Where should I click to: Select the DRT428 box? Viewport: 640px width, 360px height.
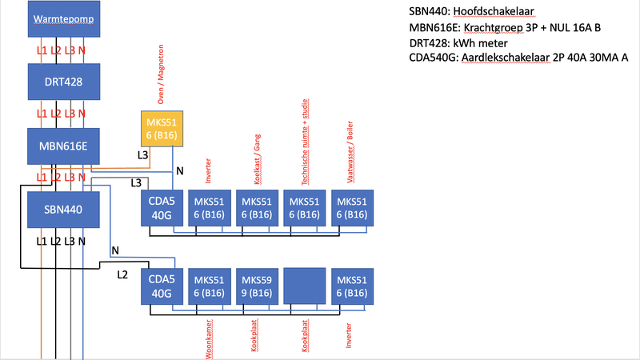click(x=63, y=82)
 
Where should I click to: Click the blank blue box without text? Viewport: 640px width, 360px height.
click(x=304, y=288)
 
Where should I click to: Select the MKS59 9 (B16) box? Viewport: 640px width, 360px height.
click(x=257, y=288)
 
